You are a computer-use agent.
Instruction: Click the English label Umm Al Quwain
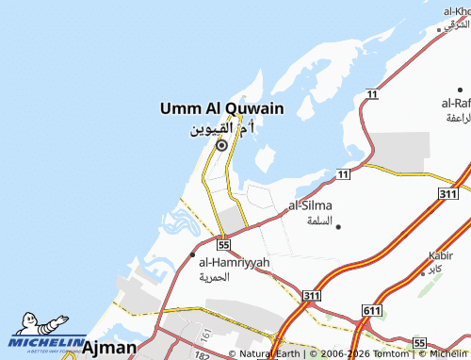[221, 110]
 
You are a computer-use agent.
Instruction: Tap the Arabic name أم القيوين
[221, 128]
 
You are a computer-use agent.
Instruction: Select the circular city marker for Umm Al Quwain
[221, 145]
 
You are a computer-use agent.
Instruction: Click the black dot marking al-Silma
[338, 226]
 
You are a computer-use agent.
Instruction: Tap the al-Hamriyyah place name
[235, 262]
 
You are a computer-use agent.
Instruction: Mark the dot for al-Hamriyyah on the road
[193, 254]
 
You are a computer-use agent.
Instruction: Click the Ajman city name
[109, 348]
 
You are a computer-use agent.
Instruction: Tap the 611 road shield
[372, 310]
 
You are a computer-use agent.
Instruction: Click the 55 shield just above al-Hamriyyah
[222, 243]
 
